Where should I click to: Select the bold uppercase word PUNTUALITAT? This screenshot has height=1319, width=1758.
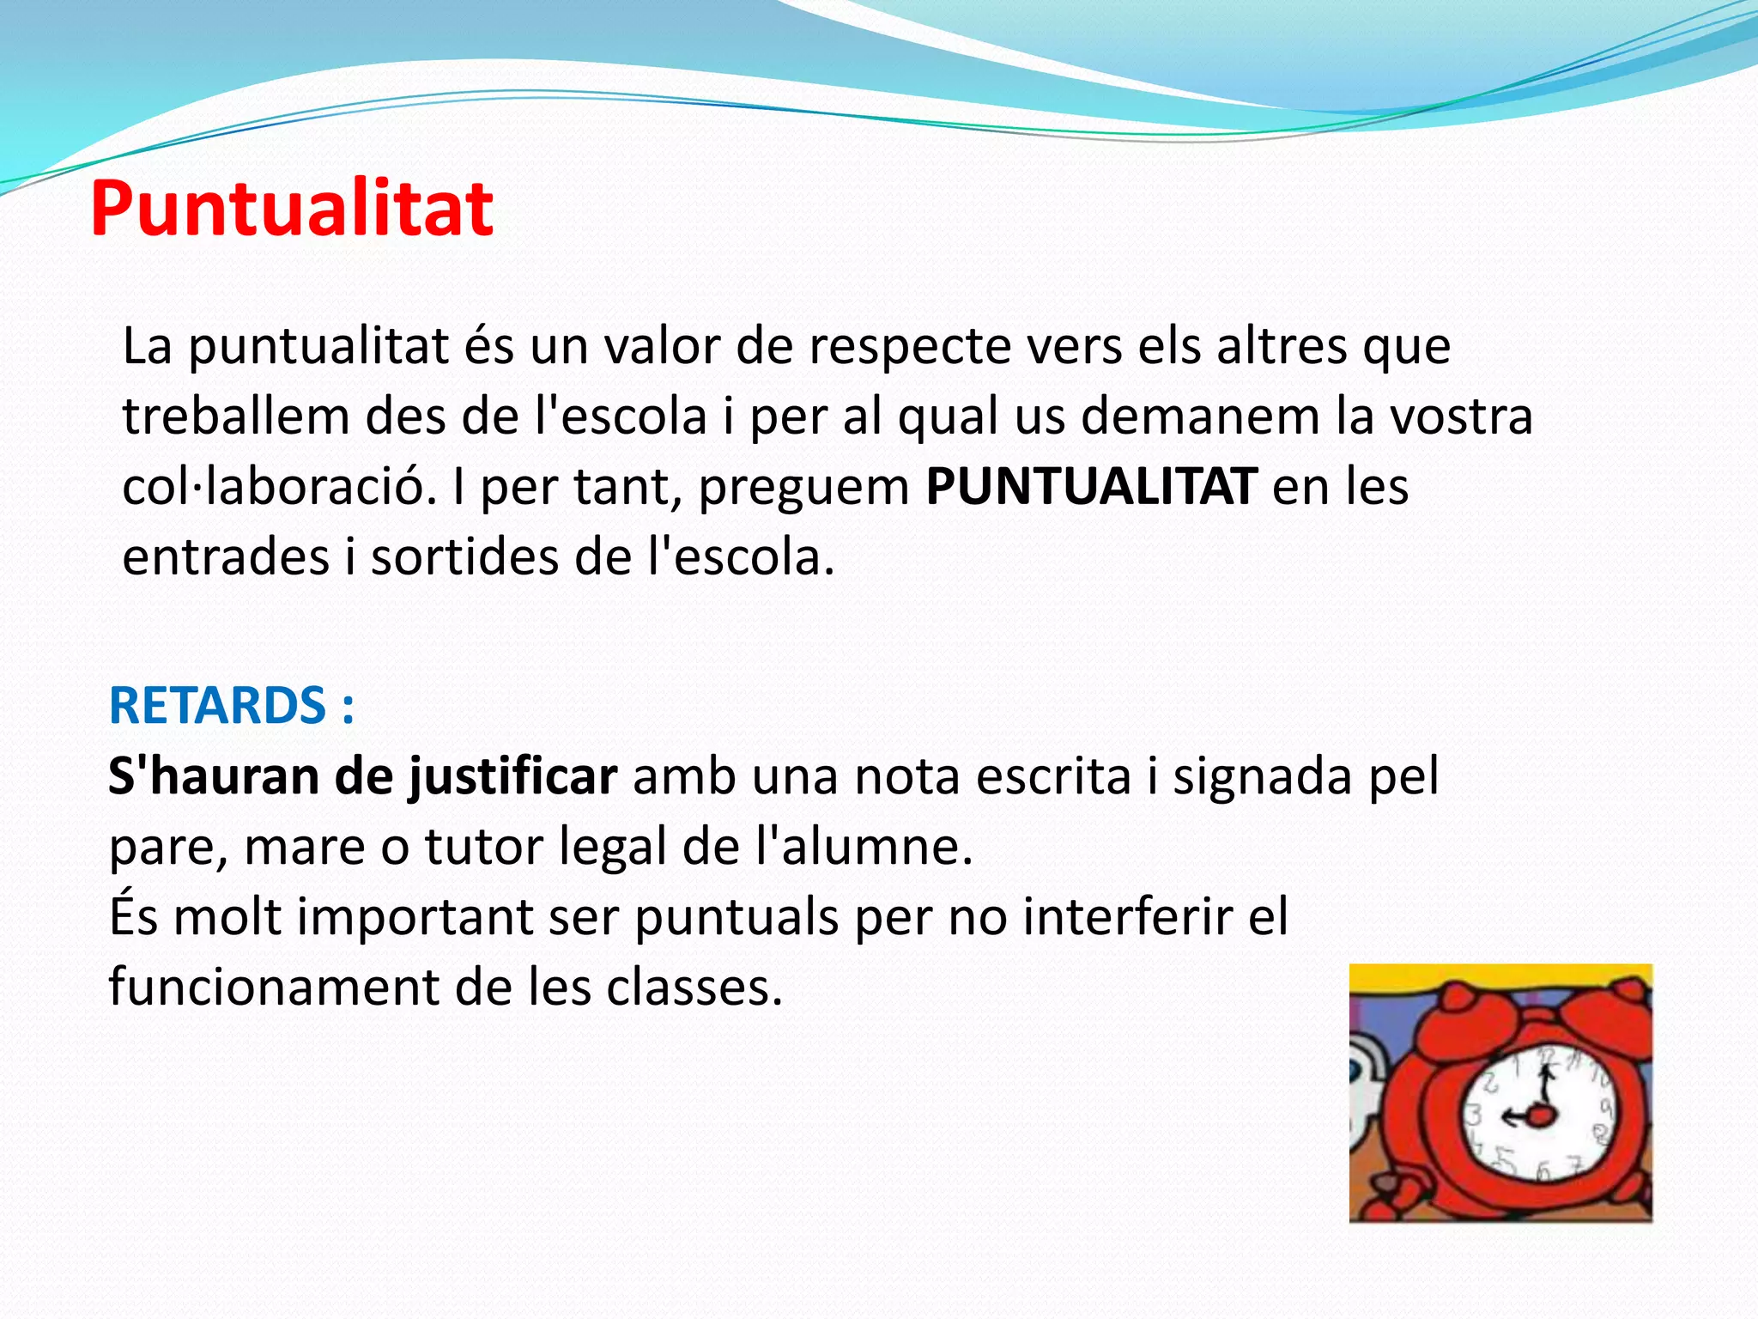(x=1092, y=487)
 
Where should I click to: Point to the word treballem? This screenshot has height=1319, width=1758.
(x=235, y=416)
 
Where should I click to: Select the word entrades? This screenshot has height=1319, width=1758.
(x=226, y=557)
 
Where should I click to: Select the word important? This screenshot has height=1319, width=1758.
(x=415, y=917)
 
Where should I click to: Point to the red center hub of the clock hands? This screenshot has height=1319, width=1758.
(x=1542, y=1115)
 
